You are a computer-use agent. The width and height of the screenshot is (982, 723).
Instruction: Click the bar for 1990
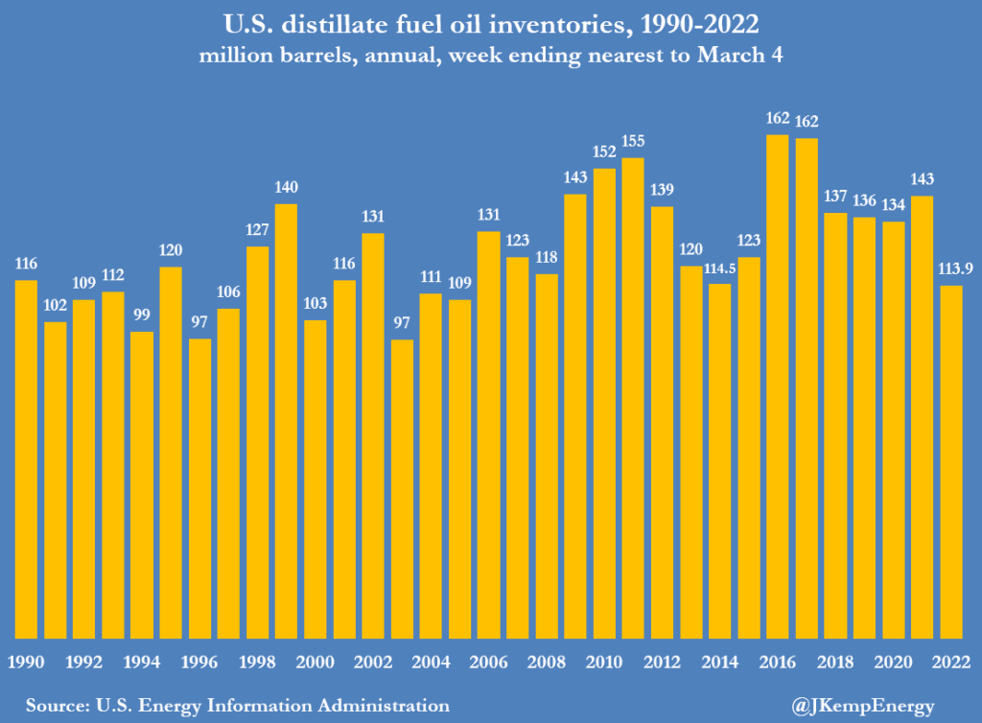point(26,459)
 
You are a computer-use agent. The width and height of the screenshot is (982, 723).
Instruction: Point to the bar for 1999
point(286,421)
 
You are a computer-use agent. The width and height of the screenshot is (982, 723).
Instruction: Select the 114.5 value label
point(719,267)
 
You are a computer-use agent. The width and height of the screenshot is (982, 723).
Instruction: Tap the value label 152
point(604,152)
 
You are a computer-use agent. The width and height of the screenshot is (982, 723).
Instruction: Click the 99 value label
point(142,315)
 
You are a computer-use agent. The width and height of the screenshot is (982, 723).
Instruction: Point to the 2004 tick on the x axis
point(431,661)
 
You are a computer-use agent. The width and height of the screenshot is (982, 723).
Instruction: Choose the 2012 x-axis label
point(662,661)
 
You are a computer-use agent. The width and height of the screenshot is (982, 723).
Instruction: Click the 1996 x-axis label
point(199,661)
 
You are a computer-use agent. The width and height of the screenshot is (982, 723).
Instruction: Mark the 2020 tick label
point(893,661)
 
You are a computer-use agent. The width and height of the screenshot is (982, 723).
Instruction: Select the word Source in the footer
point(52,706)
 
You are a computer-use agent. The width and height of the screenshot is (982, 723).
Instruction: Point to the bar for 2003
point(402,489)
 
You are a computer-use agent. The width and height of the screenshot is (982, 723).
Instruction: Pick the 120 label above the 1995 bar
point(171,250)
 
